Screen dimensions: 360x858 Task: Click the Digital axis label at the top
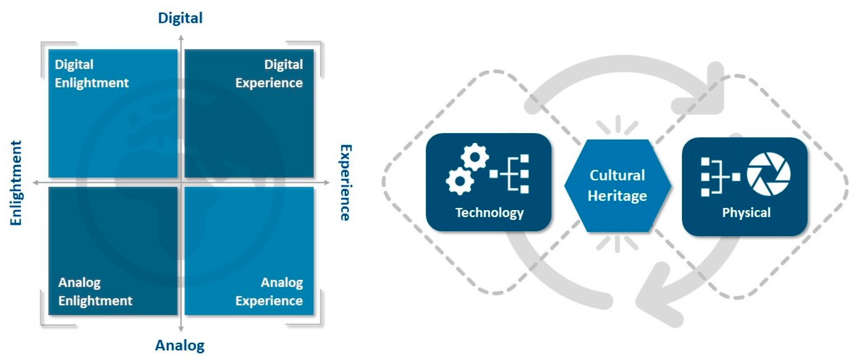pos(180,18)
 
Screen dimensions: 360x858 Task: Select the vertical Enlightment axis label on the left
pos(16,183)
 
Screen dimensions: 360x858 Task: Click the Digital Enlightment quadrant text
pos(91,74)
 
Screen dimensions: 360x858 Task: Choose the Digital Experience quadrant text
pos(269,74)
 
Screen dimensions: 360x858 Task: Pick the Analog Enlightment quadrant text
pos(95,292)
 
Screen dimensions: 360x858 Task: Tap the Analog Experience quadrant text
pos(269,292)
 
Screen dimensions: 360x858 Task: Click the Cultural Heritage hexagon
pos(617,185)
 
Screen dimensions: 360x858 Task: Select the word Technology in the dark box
pos(489,212)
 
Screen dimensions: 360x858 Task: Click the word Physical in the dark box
pos(746,212)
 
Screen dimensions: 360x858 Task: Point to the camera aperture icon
pos(768,174)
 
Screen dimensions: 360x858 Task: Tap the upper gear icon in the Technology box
pos(474,157)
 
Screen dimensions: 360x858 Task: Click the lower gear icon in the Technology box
pos(460,181)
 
